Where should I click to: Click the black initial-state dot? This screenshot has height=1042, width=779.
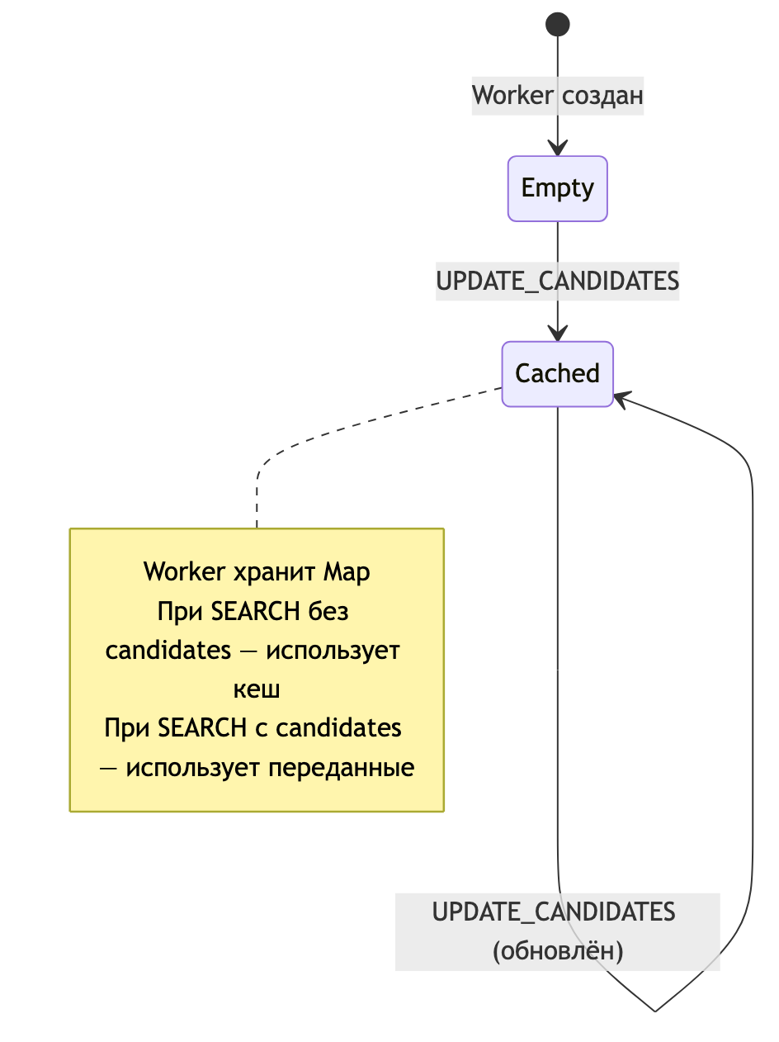(x=558, y=25)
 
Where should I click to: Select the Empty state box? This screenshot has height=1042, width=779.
(x=558, y=188)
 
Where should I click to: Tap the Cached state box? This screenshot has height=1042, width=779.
(x=558, y=374)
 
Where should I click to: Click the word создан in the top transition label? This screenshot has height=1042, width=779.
(x=602, y=96)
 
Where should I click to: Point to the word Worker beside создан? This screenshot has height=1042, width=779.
(x=512, y=96)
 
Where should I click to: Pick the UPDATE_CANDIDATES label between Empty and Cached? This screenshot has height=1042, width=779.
(x=558, y=282)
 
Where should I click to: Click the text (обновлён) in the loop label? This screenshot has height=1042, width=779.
(x=558, y=951)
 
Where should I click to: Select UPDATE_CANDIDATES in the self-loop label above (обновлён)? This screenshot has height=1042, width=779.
(x=555, y=912)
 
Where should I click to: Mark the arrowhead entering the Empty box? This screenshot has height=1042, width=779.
(x=558, y=150)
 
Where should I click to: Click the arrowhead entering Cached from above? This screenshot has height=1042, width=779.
(x=558, y=335)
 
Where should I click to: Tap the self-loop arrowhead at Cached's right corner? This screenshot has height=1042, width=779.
(x=621, y=399)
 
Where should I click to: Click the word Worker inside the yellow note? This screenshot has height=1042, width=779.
(x=184, y=571)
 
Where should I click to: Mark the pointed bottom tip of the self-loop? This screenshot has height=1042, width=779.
(x=654, y=1010)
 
